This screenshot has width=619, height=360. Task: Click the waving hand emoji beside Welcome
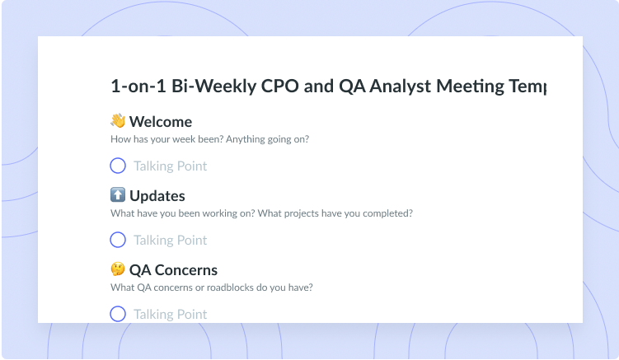[118, 121]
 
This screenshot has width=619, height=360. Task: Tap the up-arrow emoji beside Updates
[118, 195]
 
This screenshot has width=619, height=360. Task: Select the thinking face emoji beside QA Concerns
[118, 269]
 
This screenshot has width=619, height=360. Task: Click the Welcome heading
[161, 122]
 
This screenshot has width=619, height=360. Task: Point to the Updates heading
[157, 196]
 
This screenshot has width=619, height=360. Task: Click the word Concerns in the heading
[186, 270]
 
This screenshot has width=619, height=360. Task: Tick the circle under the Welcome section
[118, 166]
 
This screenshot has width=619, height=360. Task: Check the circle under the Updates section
[118, 240]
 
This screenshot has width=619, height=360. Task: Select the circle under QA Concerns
[118, 314]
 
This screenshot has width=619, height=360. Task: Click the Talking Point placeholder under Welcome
[170, 166]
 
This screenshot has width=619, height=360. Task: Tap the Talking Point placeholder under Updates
[170, 241]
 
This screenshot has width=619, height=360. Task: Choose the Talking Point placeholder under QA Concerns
[170, 315]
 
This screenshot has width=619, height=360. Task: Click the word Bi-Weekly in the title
[214, 86]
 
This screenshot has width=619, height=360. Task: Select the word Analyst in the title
[400, 86]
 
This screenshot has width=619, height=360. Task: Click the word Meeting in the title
[470, 86]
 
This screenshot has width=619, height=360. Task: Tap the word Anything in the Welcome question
[245, 139]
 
